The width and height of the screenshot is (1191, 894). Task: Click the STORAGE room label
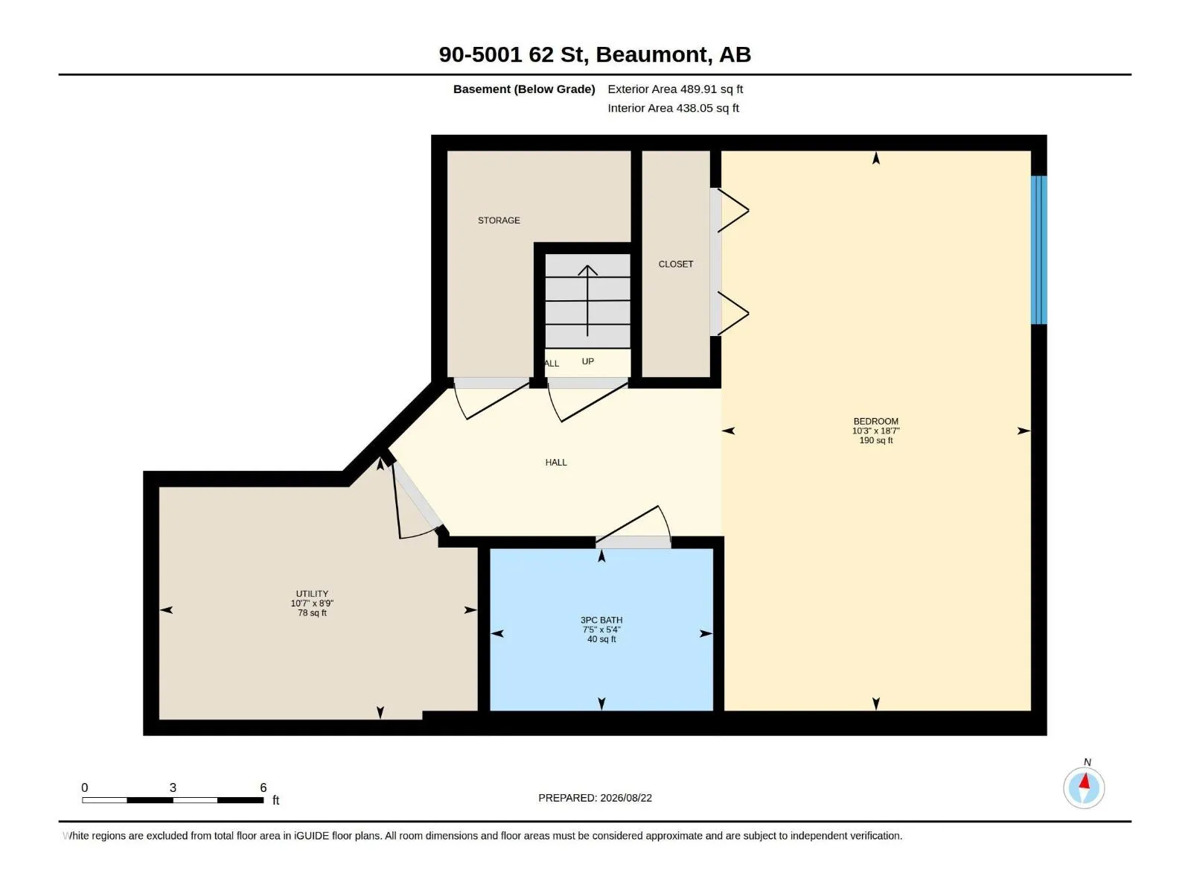[499, 221]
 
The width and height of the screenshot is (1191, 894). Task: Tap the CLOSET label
[676, 264]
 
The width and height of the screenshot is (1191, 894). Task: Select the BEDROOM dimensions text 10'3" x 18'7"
[875, 431]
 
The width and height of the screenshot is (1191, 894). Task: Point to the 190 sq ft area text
[875, 440]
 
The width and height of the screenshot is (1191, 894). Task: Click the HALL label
[555, 463]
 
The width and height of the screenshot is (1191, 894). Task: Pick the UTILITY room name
[312, 594]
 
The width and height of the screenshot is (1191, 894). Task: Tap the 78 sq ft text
[312, 613]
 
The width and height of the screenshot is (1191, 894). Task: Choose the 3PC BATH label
[601, 620]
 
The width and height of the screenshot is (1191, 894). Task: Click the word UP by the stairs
[587, 361]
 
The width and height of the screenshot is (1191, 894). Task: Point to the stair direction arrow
[587, 301]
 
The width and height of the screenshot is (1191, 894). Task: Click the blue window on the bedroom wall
[1038, 250]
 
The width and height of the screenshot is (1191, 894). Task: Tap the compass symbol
[1084, 788]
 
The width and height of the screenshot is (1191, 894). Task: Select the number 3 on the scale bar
[173, 787]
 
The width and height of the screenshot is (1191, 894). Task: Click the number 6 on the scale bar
[264, 787]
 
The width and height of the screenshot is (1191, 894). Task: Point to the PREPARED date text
[595, 798]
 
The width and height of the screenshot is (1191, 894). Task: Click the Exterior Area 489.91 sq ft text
[675, 89]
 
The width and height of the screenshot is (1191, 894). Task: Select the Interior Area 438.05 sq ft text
[673, 108]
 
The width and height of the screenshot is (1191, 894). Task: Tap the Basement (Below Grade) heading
[524, 89]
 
